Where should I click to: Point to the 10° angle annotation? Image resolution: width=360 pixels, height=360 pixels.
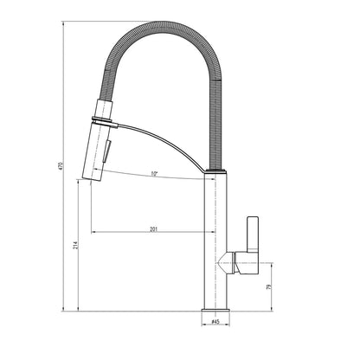coord(153,174)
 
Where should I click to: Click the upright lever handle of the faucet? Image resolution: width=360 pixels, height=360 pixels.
coord(253,235)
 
